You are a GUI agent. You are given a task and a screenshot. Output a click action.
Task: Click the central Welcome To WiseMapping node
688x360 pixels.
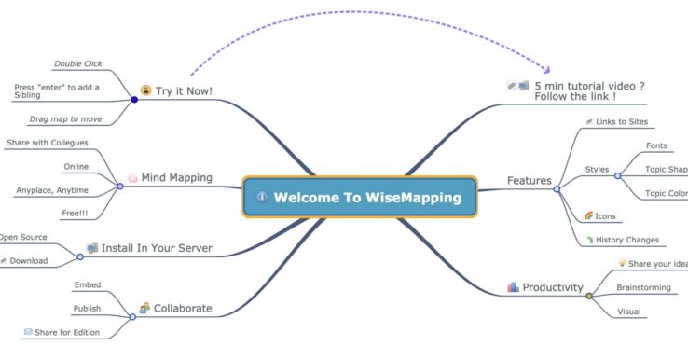(x=360, y=197)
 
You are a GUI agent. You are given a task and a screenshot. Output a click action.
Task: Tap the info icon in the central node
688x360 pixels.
(x=262, y=197)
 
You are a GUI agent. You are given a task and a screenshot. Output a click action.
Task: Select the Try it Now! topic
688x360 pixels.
(x=184, y=90)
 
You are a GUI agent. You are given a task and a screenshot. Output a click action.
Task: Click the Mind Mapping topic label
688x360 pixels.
(x=176, y=176)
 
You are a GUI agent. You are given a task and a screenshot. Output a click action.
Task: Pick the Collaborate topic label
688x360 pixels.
(x=183, y=308)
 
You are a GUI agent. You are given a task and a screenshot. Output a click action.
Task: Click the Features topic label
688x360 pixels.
(x=529, y=180)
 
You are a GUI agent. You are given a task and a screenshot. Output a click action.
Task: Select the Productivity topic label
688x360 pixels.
(x=553, y=287)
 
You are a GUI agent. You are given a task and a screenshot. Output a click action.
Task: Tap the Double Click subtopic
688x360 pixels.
(x=78, y=63)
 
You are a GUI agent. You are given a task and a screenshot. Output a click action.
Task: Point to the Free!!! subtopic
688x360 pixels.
(x=76, y=214)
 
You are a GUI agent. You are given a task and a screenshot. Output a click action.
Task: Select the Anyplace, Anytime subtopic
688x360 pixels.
(x=52, y=190)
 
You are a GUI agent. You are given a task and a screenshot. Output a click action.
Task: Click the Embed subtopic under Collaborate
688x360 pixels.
(x=87, y=284)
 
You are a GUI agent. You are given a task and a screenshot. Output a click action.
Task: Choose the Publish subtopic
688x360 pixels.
(x=87, y=308)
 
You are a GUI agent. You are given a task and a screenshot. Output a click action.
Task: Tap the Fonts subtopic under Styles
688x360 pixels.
(x=656, y=146)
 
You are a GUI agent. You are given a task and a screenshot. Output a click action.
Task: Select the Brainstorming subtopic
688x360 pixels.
(x=643, y=287)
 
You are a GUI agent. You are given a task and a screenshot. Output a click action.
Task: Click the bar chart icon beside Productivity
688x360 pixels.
(x=513, y=287)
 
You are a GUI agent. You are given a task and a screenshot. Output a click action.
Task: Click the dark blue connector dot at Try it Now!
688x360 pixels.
(x=135, y=98)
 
